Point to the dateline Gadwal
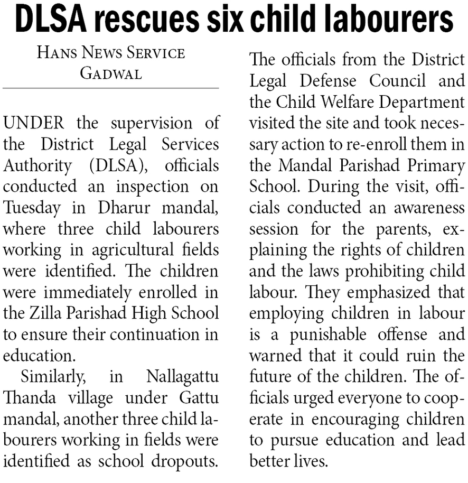[110, 73]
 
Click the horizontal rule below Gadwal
[110, 88]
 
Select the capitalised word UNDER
[34, 123]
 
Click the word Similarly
[52, 377]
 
